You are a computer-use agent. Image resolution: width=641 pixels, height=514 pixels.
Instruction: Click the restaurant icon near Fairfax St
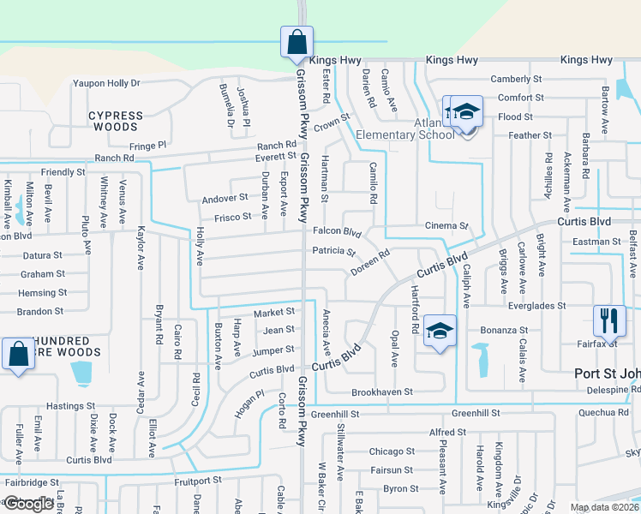tap(609, 321)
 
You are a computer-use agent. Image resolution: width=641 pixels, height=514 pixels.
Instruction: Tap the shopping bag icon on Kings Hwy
tap(297, 42)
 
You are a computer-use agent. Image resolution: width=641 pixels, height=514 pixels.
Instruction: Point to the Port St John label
tap(606, 374)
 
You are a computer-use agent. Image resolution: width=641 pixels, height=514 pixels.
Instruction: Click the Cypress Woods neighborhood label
tap(116, 121)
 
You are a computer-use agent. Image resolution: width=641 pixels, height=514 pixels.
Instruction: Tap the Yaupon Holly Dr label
tap(106, 83)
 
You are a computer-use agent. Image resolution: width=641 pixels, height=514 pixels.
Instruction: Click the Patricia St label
tap(334, 252)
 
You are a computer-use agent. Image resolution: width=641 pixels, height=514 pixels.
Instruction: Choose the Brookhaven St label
tap(382, 391)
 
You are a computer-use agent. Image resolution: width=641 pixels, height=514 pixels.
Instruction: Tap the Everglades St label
tap(536, 306)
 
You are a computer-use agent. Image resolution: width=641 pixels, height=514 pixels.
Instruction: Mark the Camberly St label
tap(516, 80)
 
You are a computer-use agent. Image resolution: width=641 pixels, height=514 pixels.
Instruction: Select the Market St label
tap(274, 313)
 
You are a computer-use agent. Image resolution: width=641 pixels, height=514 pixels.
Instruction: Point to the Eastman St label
tap(596, 242)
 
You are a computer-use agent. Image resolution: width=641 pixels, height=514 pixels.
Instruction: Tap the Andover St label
tap(225, 198)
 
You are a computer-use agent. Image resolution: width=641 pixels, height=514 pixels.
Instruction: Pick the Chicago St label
tap(392, 451)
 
